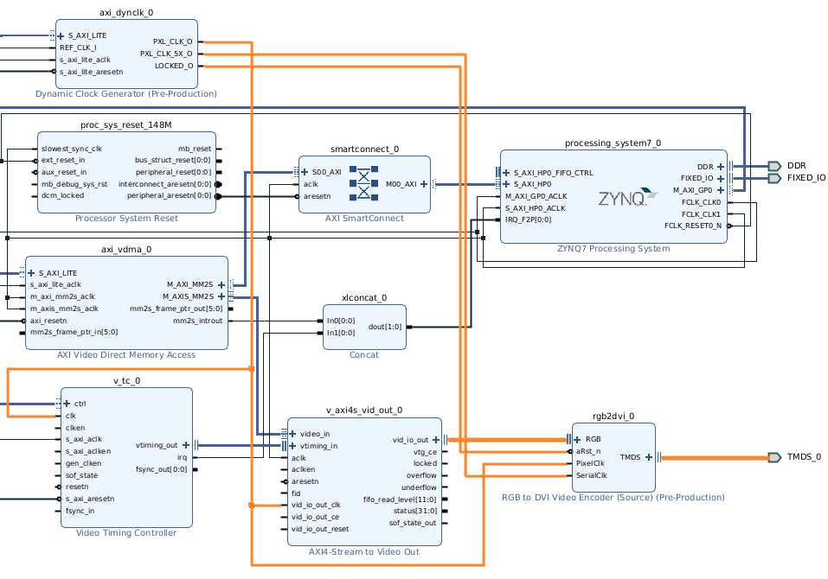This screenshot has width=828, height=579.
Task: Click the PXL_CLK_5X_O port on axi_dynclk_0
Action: click(x=172, y=54)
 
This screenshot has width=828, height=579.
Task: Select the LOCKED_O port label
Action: click(x=173, y=66)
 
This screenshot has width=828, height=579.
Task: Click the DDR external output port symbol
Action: click(x=773, y=166)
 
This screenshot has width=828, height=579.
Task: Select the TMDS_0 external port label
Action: click(x=804, y=457)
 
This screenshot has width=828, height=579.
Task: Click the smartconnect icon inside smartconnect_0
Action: click(x=364, y=184)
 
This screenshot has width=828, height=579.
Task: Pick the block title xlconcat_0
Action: click(x=364, y=298)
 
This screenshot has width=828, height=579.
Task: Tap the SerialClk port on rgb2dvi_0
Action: click(x=592, y=474)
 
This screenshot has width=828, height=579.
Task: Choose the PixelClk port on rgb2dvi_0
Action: click(x=590, y=463)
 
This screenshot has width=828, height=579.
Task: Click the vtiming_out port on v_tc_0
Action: click(x=157, y=445)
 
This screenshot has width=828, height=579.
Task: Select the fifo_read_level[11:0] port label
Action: click(x=400, y=499)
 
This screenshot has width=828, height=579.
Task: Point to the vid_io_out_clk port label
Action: click(x=316, y=505)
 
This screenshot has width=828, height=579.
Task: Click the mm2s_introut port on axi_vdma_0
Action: click(x=197, y=321)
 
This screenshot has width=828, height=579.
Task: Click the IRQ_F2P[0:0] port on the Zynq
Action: click(x=528, y=220)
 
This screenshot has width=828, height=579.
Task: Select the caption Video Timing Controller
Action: click(x=126, y=532)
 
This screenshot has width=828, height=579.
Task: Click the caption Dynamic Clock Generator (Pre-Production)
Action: click(x=126, y=93)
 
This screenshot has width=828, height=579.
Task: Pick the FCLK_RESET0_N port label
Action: click(x=692, y=226)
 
